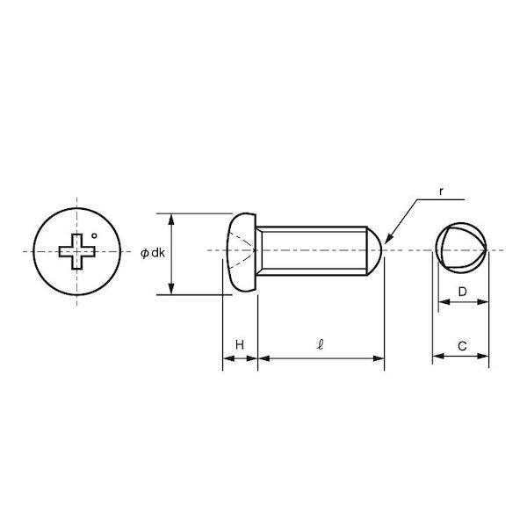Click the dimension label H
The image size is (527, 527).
pyautogui.click(x=239, y=344)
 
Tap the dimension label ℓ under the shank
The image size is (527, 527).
pyautogui.click(x=321, y=344)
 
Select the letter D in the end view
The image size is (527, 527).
pyautogui.click(x=463, y=292)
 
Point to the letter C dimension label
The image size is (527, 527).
pyautogui.click(x=462, y=346)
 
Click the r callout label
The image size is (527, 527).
pyautogui.click(x=441, y=191)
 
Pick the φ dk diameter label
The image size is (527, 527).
pyautogui.click(x=153, y=253)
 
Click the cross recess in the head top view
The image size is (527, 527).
pyautogui.click(x=77, y=251)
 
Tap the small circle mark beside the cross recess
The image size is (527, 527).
pyautogui.click(x=94, y=235)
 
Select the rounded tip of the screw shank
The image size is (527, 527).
pyautogui.click(x=374, y=250)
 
